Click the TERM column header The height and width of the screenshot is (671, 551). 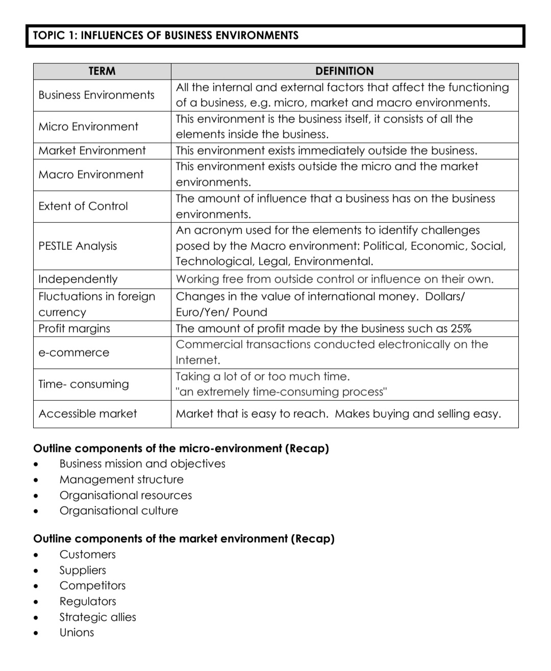[x=102, y=71]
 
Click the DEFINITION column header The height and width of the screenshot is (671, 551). [x=344, y=71]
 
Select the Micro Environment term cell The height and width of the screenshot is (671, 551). [x=88, y=126]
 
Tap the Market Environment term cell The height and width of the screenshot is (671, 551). [x=92, y=150]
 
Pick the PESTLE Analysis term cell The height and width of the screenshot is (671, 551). [x=78, y=246]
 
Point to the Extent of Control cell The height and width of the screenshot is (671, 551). [x=83, y=206]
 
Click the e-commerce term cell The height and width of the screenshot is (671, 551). [x=74, y=352]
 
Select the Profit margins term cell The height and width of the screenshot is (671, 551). [x=74, y=328]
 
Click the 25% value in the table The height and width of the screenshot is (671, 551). [x=460, y=328]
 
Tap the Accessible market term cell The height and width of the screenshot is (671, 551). [x=88, y=414]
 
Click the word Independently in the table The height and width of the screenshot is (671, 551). [x=78, y=279]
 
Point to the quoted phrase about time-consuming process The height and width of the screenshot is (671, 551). [x=282, y=392]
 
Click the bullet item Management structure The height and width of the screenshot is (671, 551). [x=121, y=479]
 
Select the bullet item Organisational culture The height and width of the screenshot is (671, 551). [x=119, y=510]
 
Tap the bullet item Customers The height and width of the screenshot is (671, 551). [x=88, y=554]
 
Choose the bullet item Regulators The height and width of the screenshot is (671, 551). [x=88, y=601]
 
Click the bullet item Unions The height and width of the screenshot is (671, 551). [x=77, y=632]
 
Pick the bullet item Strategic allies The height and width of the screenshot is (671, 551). [x=98, y=617]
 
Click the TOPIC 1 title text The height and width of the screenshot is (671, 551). [x=166, y=35]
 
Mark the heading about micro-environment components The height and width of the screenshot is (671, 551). [x=181, y=448]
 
